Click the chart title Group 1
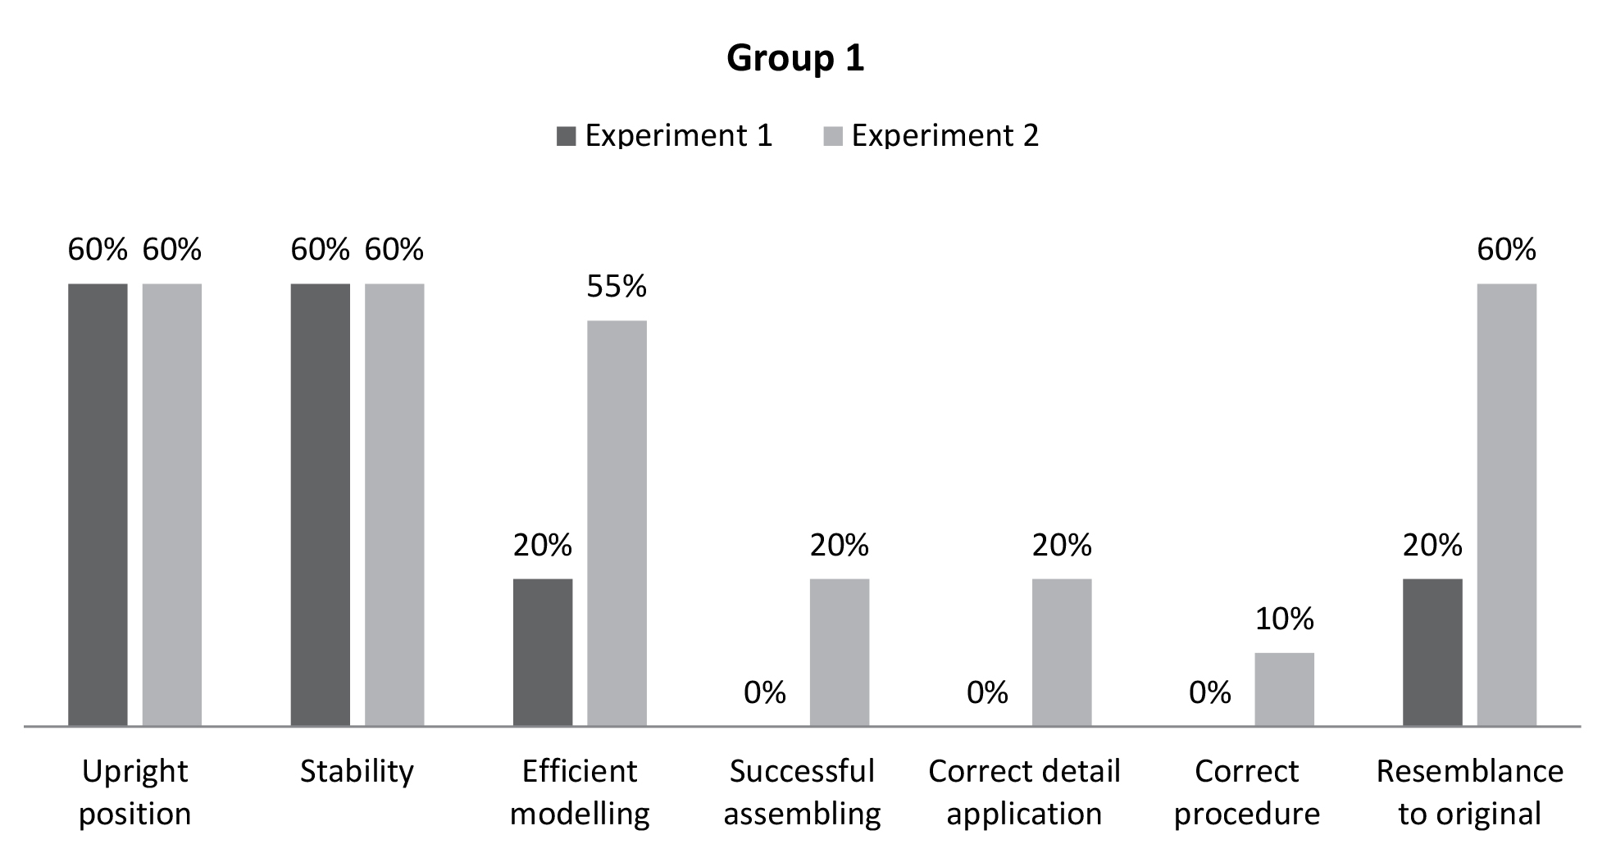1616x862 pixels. [795, 58]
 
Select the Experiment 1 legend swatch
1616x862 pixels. [566, 136]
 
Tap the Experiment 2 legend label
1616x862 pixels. [945, 136]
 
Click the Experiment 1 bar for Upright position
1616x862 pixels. [98, 504]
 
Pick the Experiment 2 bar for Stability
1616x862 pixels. [394, 504]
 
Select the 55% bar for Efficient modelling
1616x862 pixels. [617, 523]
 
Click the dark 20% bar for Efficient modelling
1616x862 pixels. [543, 651]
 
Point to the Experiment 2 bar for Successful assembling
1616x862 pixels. [840, 651]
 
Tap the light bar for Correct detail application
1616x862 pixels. [1062, 651]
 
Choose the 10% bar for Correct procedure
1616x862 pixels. [1284, 688]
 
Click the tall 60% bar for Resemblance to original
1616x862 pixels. [1506, 504]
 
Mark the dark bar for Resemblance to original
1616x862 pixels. [1432, 651]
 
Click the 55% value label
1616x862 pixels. [617, 287]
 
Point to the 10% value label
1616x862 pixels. [1284, 619]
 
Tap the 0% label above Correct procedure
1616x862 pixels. [1209, 693]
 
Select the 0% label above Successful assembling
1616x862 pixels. [764, 693]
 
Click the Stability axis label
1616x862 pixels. [357, 771]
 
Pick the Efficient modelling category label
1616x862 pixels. [580, 792]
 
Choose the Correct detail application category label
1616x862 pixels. [1024, 792]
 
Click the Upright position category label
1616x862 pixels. [134, 792]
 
